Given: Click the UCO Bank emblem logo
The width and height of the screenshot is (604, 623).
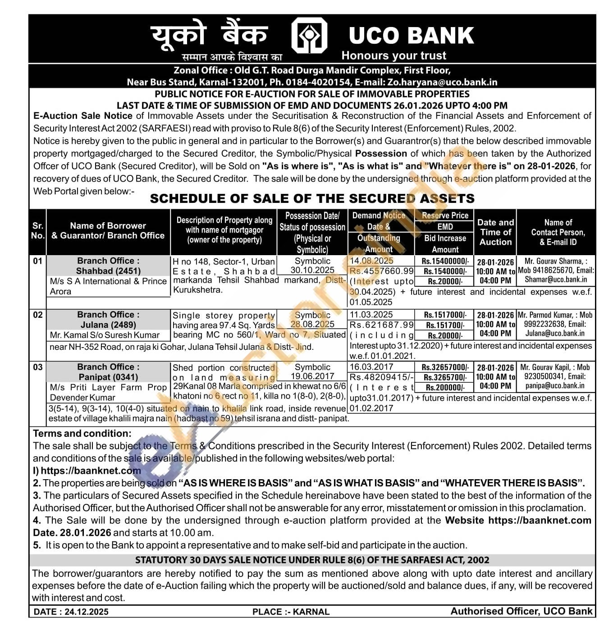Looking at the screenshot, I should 309,36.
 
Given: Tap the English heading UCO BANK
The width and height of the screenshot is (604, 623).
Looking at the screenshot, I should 411,36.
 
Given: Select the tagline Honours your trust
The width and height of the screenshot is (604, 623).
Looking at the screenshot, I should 394,55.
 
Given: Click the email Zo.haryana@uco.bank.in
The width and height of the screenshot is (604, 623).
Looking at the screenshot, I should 442,82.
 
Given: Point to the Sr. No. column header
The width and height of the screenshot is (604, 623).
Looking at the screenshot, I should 38,230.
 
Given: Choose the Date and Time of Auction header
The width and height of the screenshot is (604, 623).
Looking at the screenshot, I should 495,232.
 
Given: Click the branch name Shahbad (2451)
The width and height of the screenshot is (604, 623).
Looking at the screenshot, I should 108,271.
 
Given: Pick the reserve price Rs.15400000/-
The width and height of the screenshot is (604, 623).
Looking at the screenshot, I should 445,261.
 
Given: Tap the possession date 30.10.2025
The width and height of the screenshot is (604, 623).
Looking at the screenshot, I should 312,270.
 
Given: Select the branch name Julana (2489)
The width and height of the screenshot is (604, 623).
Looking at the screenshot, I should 108,325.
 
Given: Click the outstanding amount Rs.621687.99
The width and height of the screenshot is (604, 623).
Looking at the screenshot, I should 381,325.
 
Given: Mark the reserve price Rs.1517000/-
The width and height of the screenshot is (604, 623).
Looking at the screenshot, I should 445,315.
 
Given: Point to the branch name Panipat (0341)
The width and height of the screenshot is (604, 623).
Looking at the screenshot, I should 108,377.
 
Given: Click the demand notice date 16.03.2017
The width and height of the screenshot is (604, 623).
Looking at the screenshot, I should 371,367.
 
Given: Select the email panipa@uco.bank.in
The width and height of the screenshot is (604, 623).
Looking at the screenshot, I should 554,386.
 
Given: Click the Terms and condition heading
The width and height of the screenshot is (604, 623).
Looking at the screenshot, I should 82,433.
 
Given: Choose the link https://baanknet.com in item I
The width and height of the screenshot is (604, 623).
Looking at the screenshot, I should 91,471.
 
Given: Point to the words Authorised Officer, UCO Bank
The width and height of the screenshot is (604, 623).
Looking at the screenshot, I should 522,611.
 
